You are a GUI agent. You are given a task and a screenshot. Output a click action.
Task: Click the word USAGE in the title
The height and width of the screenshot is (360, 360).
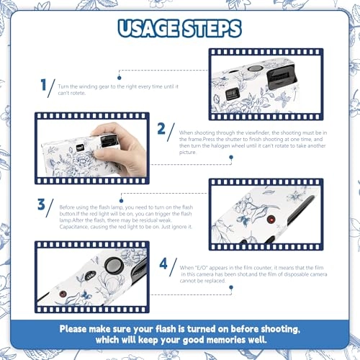[148, 28]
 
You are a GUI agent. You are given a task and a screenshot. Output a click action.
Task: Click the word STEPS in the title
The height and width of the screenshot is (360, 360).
[212, 28]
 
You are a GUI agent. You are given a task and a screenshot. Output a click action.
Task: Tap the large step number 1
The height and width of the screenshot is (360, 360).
[43, 85]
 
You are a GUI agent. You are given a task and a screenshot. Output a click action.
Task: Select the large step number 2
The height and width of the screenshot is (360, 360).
[161, 129]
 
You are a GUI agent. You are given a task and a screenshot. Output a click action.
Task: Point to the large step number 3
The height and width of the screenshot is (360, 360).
[41, 204]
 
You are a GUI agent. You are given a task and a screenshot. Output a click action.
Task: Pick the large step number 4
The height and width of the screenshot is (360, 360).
[163, 264]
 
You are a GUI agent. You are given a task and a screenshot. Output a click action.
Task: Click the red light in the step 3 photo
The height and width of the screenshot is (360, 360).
[271, 220]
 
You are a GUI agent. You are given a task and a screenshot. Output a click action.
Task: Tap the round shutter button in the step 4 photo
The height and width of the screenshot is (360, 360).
[114, 266]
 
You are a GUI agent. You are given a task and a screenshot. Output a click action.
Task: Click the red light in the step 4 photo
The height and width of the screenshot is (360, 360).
[63, 294]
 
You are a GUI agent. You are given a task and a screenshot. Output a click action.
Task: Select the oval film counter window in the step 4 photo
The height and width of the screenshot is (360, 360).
[90, 275]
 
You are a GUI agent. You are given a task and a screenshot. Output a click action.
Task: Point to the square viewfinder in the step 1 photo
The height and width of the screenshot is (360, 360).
[232, 94]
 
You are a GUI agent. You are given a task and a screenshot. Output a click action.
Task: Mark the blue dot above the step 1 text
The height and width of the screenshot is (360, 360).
[120, 78]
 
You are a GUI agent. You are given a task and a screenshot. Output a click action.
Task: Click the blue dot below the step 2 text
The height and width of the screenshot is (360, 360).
[231, 157]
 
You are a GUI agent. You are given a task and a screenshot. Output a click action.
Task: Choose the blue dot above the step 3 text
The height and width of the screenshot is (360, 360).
[121, 201]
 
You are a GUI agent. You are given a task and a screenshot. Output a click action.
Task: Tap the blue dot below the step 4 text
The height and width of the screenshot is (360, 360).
[231, 287]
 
